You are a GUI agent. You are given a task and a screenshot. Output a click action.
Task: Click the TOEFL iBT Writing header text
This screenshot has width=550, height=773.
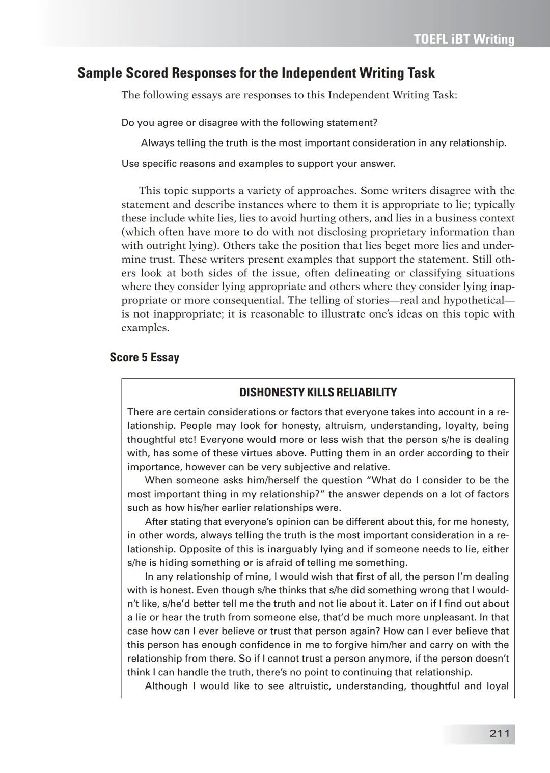(464, 39)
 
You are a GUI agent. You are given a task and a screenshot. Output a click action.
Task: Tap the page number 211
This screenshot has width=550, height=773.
(499, 733)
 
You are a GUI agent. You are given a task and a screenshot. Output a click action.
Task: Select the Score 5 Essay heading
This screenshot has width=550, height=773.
(144, 357)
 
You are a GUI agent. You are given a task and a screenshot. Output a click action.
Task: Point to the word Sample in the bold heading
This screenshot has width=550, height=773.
(100, 73)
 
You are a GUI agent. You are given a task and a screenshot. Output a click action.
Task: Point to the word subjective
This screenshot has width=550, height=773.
(302, 467)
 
